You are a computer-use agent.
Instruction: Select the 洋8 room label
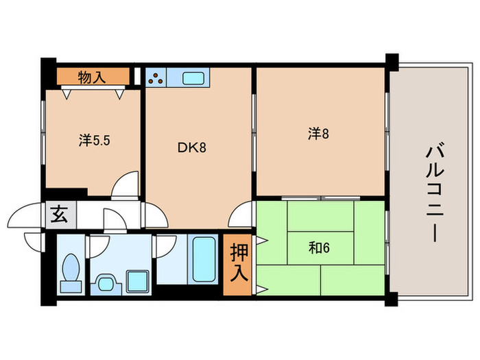tap(317, 134)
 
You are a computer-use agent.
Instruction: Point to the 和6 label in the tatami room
tap(319, 248)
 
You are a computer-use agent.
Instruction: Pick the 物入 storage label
tap(92, 77)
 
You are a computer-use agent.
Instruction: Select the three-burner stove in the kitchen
tap(156, 77)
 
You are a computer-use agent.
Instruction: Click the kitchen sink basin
tap(192, 77)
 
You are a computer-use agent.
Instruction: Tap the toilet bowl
tap(69, 269)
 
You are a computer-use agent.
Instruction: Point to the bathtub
tap(204, 258)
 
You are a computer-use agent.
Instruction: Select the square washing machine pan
tap(135, 280)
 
